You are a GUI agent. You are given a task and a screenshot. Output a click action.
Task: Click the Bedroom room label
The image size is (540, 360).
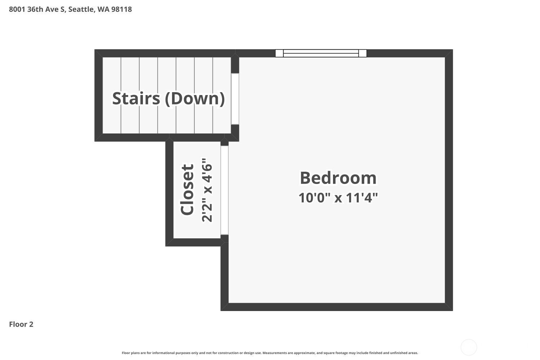click(x=338, y=178)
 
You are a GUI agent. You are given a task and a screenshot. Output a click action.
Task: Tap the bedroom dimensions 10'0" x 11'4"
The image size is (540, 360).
click(x=338, y=198)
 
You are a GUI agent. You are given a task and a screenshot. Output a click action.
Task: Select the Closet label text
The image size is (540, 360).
click(x=187, y=189)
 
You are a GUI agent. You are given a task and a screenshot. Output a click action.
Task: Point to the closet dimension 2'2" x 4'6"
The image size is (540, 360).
click(x=207, y=190)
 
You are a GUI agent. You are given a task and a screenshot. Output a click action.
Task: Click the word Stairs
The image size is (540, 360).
click(x=136, y=98)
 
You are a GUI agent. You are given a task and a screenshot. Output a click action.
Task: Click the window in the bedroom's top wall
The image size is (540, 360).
click(x=321, y=53)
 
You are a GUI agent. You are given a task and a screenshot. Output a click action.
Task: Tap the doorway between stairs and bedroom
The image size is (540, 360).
click(x=235, y=99)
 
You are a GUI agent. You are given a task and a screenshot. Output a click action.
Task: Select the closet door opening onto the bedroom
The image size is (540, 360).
click(x=224, y=190)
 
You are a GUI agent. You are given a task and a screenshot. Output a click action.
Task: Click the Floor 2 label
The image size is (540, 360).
click(x=21, y=324)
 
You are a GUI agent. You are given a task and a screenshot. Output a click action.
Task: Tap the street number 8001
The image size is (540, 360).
click(x=17, y=9)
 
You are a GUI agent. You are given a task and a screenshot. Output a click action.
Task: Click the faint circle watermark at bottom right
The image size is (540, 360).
click(x=469, y=347)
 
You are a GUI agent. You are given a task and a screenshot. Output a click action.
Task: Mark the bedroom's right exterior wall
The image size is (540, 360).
click(x=449, y=180)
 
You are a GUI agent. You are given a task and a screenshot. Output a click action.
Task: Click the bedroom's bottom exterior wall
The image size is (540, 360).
click(x=337, y=307)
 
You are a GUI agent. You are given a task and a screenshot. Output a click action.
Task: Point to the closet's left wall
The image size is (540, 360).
click(x=169, y=194)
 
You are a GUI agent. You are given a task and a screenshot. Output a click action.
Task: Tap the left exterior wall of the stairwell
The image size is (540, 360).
click(x=98, y=95)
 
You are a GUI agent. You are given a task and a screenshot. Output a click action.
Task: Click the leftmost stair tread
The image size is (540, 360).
click(x=112, y=95)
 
